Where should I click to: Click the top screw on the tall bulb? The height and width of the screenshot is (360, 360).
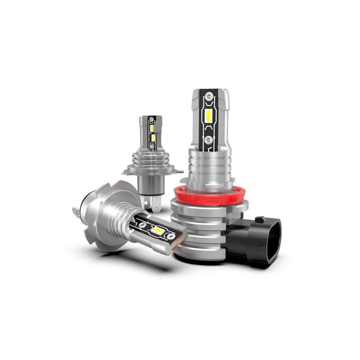point(209,96)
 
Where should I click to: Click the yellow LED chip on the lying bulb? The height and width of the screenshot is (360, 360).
point(157,229)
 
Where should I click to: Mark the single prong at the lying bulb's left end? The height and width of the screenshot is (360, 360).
point(76,210)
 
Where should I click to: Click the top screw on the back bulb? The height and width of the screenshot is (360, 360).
point(152,120)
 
